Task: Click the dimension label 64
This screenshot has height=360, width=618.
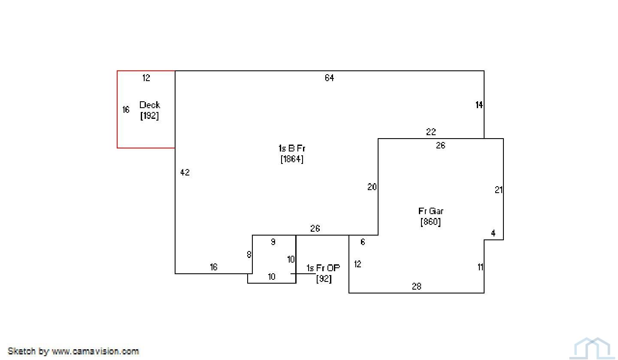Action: tap(329, 78)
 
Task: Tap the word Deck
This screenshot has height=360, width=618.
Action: tap(149, 105)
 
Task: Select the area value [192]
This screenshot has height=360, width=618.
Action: tap(149, 115)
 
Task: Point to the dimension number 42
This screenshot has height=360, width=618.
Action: tap(185, 172)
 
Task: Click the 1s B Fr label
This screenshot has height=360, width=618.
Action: tap(292, 148)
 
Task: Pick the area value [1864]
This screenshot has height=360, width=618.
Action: tap(292, 159)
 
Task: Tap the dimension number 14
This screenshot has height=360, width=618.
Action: tap(479, 105)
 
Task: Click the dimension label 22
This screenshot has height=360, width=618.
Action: tap(431, 132)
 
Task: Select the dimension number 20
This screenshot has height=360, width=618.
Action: tap(372, 187)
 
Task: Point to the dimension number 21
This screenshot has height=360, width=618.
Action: tap(498, 190)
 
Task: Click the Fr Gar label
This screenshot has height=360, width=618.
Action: tap(431, 211)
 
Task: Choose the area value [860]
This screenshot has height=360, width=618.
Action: tap(430, 222)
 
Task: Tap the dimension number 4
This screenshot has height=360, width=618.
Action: tap(493, 233)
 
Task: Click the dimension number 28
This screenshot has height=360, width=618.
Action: tap(416, 286)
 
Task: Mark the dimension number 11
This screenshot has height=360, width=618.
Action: tap(480, 267)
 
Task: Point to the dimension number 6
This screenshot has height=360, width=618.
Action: tap(363, 242)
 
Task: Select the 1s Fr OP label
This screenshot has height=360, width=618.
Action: tap(323, 268)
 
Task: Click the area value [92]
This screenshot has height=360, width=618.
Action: tap(324, 279)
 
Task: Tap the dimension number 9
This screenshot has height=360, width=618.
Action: tap(273, 242)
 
